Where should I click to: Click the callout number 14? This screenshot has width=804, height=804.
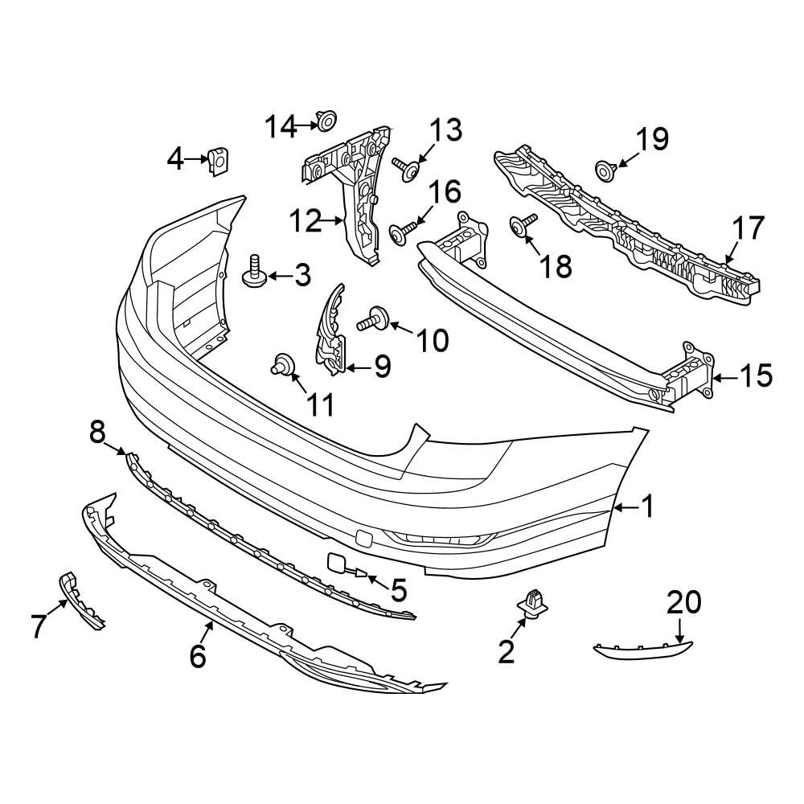click(x=281, y=125)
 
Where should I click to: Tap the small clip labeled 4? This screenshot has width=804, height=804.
click(x=217, y=160)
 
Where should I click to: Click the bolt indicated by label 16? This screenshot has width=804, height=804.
click(x=401, y=232)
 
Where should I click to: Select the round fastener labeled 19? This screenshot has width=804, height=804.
click(x=605, y=168)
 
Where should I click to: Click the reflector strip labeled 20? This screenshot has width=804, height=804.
click(x=641, y=648)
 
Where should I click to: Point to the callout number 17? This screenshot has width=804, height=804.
click(x=748, y=229)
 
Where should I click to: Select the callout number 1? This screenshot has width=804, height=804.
click(x=648, y=507)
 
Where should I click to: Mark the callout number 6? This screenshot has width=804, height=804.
click(x=198, y=656)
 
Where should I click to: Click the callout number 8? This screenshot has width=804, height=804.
click(x=97, y=434)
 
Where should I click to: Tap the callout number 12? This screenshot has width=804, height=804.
click(x=306, y=219)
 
